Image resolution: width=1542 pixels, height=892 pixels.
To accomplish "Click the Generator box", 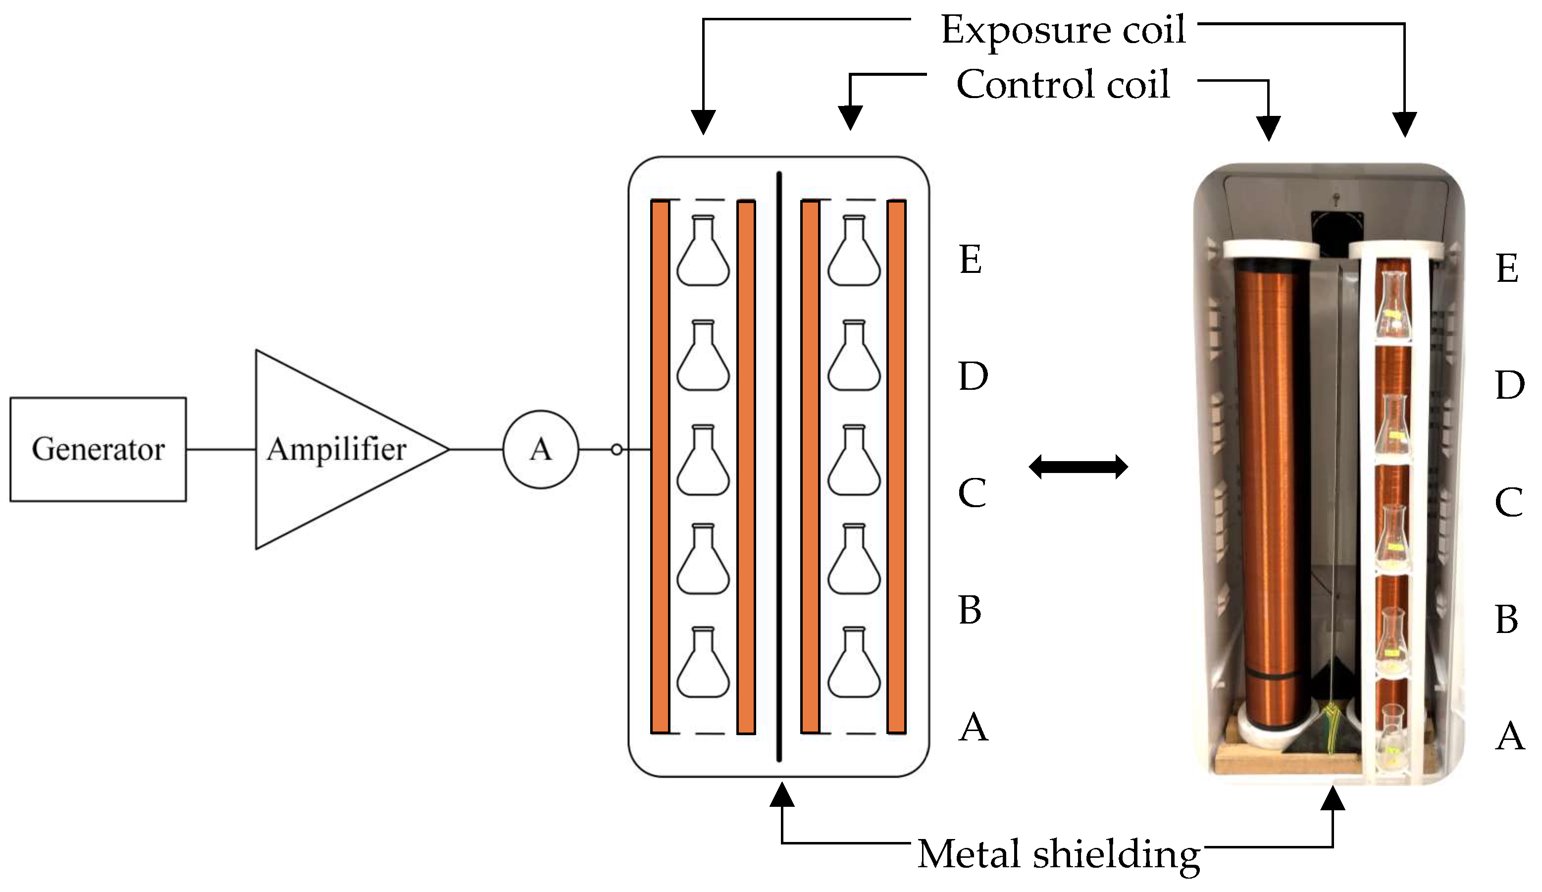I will click(98, 449).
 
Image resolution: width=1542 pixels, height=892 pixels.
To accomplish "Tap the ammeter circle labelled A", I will click(540, 449).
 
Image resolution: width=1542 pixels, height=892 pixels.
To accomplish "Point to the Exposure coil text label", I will click(1063, 29).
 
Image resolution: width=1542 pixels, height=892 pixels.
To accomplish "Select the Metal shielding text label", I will click(1059, 853).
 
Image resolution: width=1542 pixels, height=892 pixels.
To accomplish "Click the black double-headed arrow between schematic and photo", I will click(1078, 467).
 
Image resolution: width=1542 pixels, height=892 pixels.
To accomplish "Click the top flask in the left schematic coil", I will click(703, 252).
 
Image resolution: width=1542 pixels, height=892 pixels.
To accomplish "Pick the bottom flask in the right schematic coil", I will click(854, 664).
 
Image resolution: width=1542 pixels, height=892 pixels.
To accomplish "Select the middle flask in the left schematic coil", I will click(703, 461).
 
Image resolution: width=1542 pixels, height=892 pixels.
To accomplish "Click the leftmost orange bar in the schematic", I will click(660, 467).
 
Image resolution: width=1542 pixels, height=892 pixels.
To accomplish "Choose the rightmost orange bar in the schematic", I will click(896, 467).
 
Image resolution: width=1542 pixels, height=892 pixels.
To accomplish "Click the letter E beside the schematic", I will click(971, 259).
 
